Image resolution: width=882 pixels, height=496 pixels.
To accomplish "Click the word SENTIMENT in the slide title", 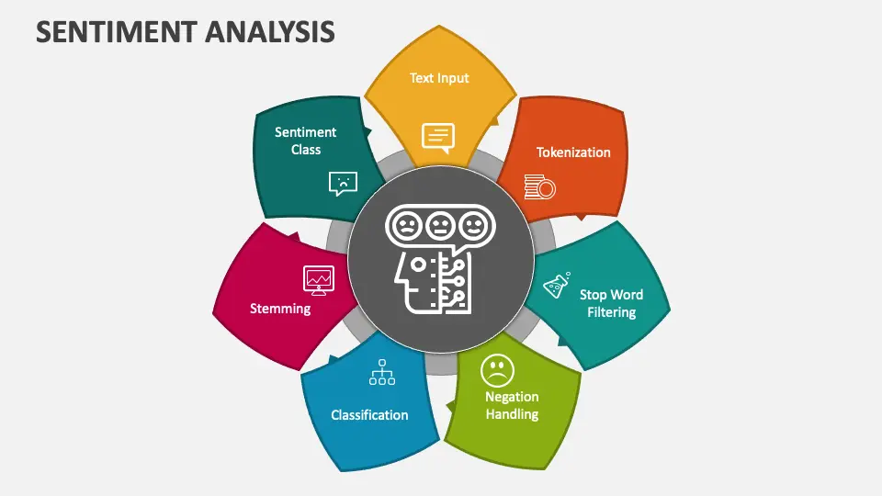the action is click(117, 32).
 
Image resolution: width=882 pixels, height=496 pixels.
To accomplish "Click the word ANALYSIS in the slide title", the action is click(270, 32).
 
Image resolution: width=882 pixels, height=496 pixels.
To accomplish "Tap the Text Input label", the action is click(439, 78).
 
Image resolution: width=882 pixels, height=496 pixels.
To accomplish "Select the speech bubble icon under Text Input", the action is click(438, 138).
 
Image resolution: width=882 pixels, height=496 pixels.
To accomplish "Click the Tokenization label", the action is click(573, 152).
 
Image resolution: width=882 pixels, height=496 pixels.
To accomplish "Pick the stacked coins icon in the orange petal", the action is click(539, 186).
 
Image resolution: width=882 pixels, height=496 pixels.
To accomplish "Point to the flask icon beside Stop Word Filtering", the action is click(557, 285).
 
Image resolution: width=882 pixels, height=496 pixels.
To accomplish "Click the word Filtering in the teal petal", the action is click(612, 312).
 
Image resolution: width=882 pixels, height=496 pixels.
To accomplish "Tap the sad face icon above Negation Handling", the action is click(497, 370).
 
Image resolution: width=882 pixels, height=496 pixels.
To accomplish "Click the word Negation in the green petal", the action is click(512, 397).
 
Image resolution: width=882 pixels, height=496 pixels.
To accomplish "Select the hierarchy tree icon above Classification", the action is click(382, 372).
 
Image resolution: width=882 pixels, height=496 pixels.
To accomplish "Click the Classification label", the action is click(369, 415).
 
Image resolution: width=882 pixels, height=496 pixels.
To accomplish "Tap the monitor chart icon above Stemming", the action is click(319, 280).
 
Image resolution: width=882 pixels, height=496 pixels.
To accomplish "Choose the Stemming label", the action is click(280, 309).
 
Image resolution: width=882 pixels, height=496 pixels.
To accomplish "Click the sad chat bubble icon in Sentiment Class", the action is click(343, 184).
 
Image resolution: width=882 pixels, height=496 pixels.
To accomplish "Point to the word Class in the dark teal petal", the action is click(305, 150).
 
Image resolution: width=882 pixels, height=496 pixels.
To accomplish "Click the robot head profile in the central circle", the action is click(432, 282).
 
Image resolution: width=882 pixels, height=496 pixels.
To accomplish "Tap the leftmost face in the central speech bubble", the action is click(407, 226).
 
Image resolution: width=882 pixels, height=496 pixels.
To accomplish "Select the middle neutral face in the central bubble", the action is click(440, 226).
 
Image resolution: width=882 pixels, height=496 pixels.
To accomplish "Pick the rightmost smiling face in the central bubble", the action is click(474, 226).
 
